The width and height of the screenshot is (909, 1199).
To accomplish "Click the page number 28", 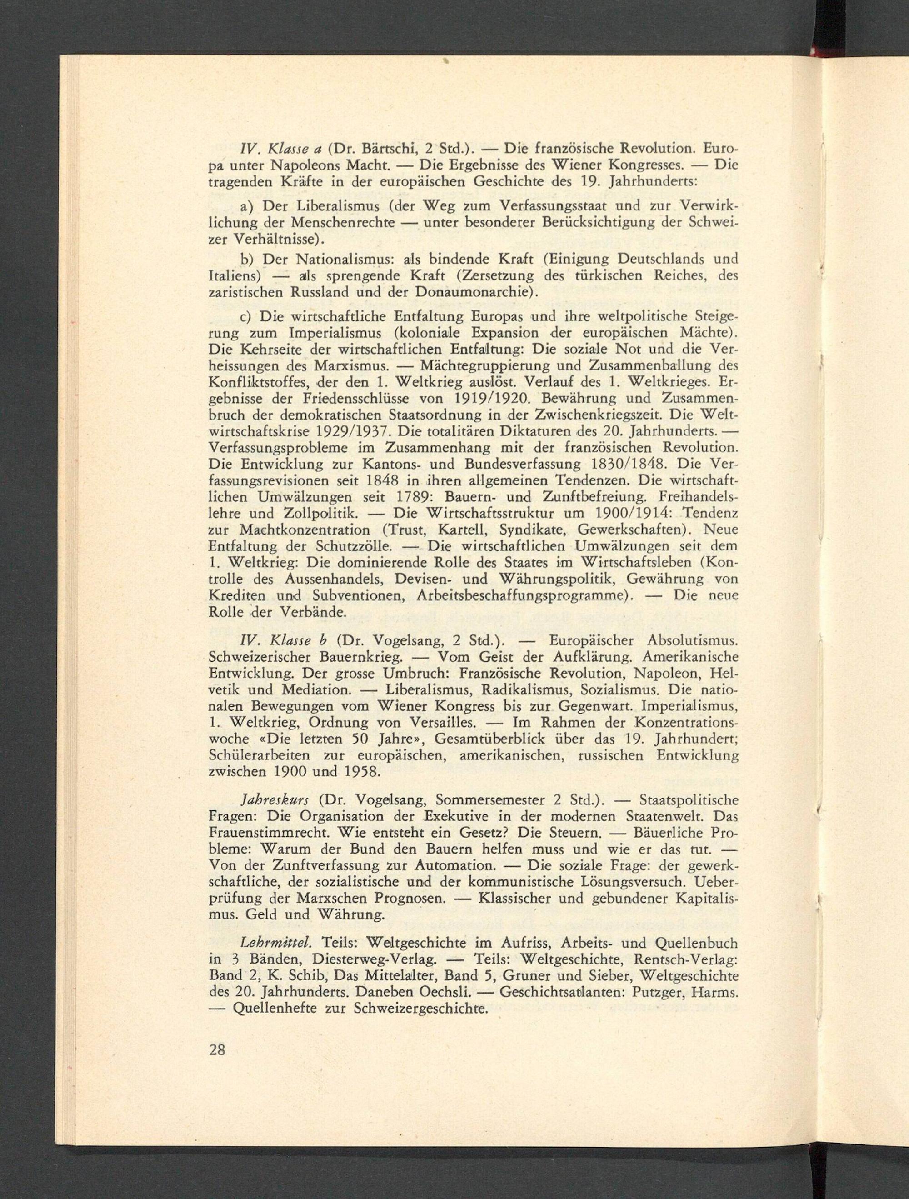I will pos(217,1050).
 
